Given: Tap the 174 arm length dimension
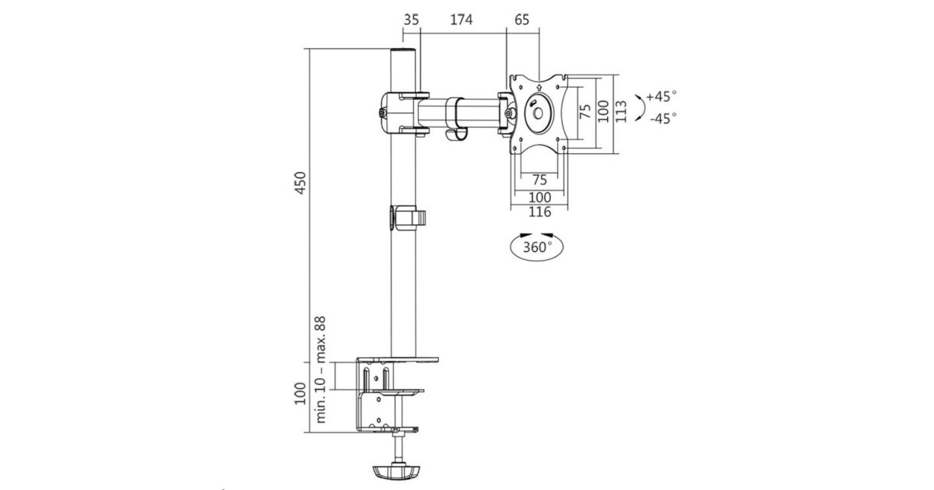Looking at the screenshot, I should tap(461, 20).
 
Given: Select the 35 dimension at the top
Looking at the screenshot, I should tap(412, 20).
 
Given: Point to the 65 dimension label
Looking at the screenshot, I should tap(521, 20).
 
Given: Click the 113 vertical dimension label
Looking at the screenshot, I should tap(620, 112).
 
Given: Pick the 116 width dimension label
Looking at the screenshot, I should tap(539, 212).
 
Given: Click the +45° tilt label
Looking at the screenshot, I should tap(662, 97).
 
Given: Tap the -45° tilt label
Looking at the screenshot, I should tap(662, 118).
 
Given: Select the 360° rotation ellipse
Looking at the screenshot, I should tap(537, 247).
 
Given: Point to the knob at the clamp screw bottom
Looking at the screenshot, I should tap(399, 472).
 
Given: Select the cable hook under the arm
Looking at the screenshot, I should tap(456, 135).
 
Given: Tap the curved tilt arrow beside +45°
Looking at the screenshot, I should tap(640, 107).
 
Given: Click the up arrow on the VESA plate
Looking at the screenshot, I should tap(539, 86).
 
